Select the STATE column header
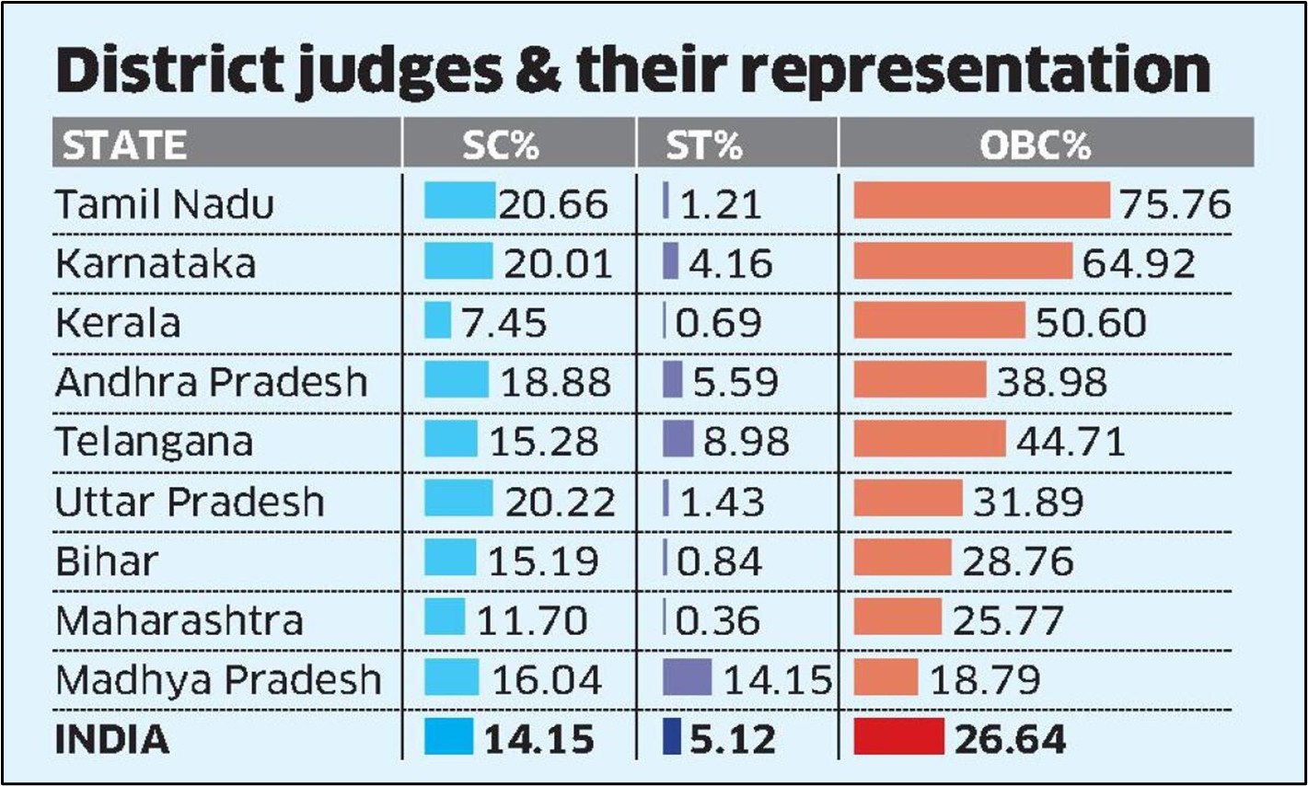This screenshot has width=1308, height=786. pos(124,145)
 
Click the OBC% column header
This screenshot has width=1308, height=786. pos(1035,145)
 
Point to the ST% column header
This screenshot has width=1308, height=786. pos(704,145)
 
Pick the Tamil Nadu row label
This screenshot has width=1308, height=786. pos(165,204)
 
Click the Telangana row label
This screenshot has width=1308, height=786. pos(154,442)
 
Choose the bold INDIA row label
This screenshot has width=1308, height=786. pos(112,740)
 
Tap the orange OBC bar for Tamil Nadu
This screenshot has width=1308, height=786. pos(981,201)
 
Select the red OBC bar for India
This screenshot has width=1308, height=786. pos(899,737)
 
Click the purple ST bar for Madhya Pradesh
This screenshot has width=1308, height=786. pos(688,677)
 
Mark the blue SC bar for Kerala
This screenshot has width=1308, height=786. pos(437,320)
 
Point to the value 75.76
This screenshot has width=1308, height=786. pos(1175,204)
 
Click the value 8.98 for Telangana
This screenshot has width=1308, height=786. pos(747,442)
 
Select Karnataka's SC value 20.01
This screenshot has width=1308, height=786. pos(558,264)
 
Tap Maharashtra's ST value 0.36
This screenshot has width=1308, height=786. pos(718,620)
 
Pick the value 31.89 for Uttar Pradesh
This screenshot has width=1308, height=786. pos(1028,502)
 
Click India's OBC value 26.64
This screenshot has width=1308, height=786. pos(1010,740)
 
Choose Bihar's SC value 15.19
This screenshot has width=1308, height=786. pos(543,561)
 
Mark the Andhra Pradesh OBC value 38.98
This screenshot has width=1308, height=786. pos(1052,383)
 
